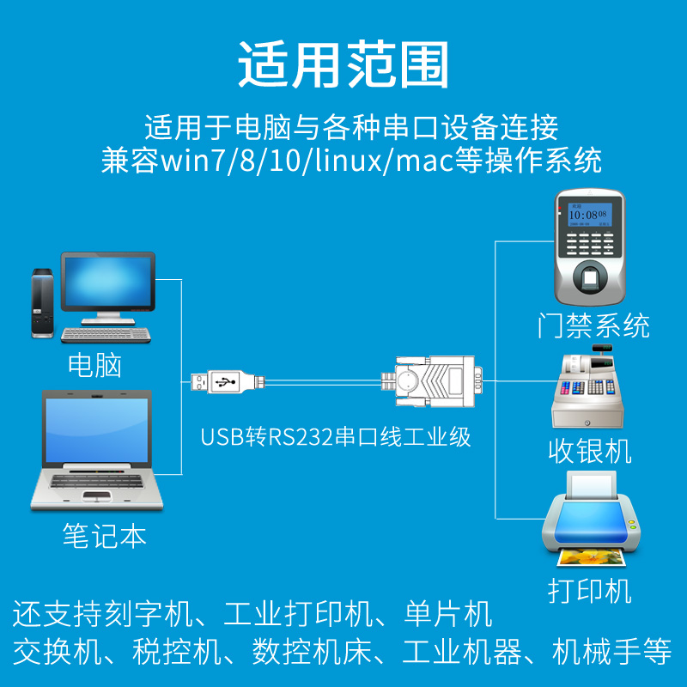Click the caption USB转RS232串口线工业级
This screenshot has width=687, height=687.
click(336, 436)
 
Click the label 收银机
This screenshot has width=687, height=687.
click(590, 450)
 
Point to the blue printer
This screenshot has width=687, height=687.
click(591, 520)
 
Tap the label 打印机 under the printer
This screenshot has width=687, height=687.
click(590, 591)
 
